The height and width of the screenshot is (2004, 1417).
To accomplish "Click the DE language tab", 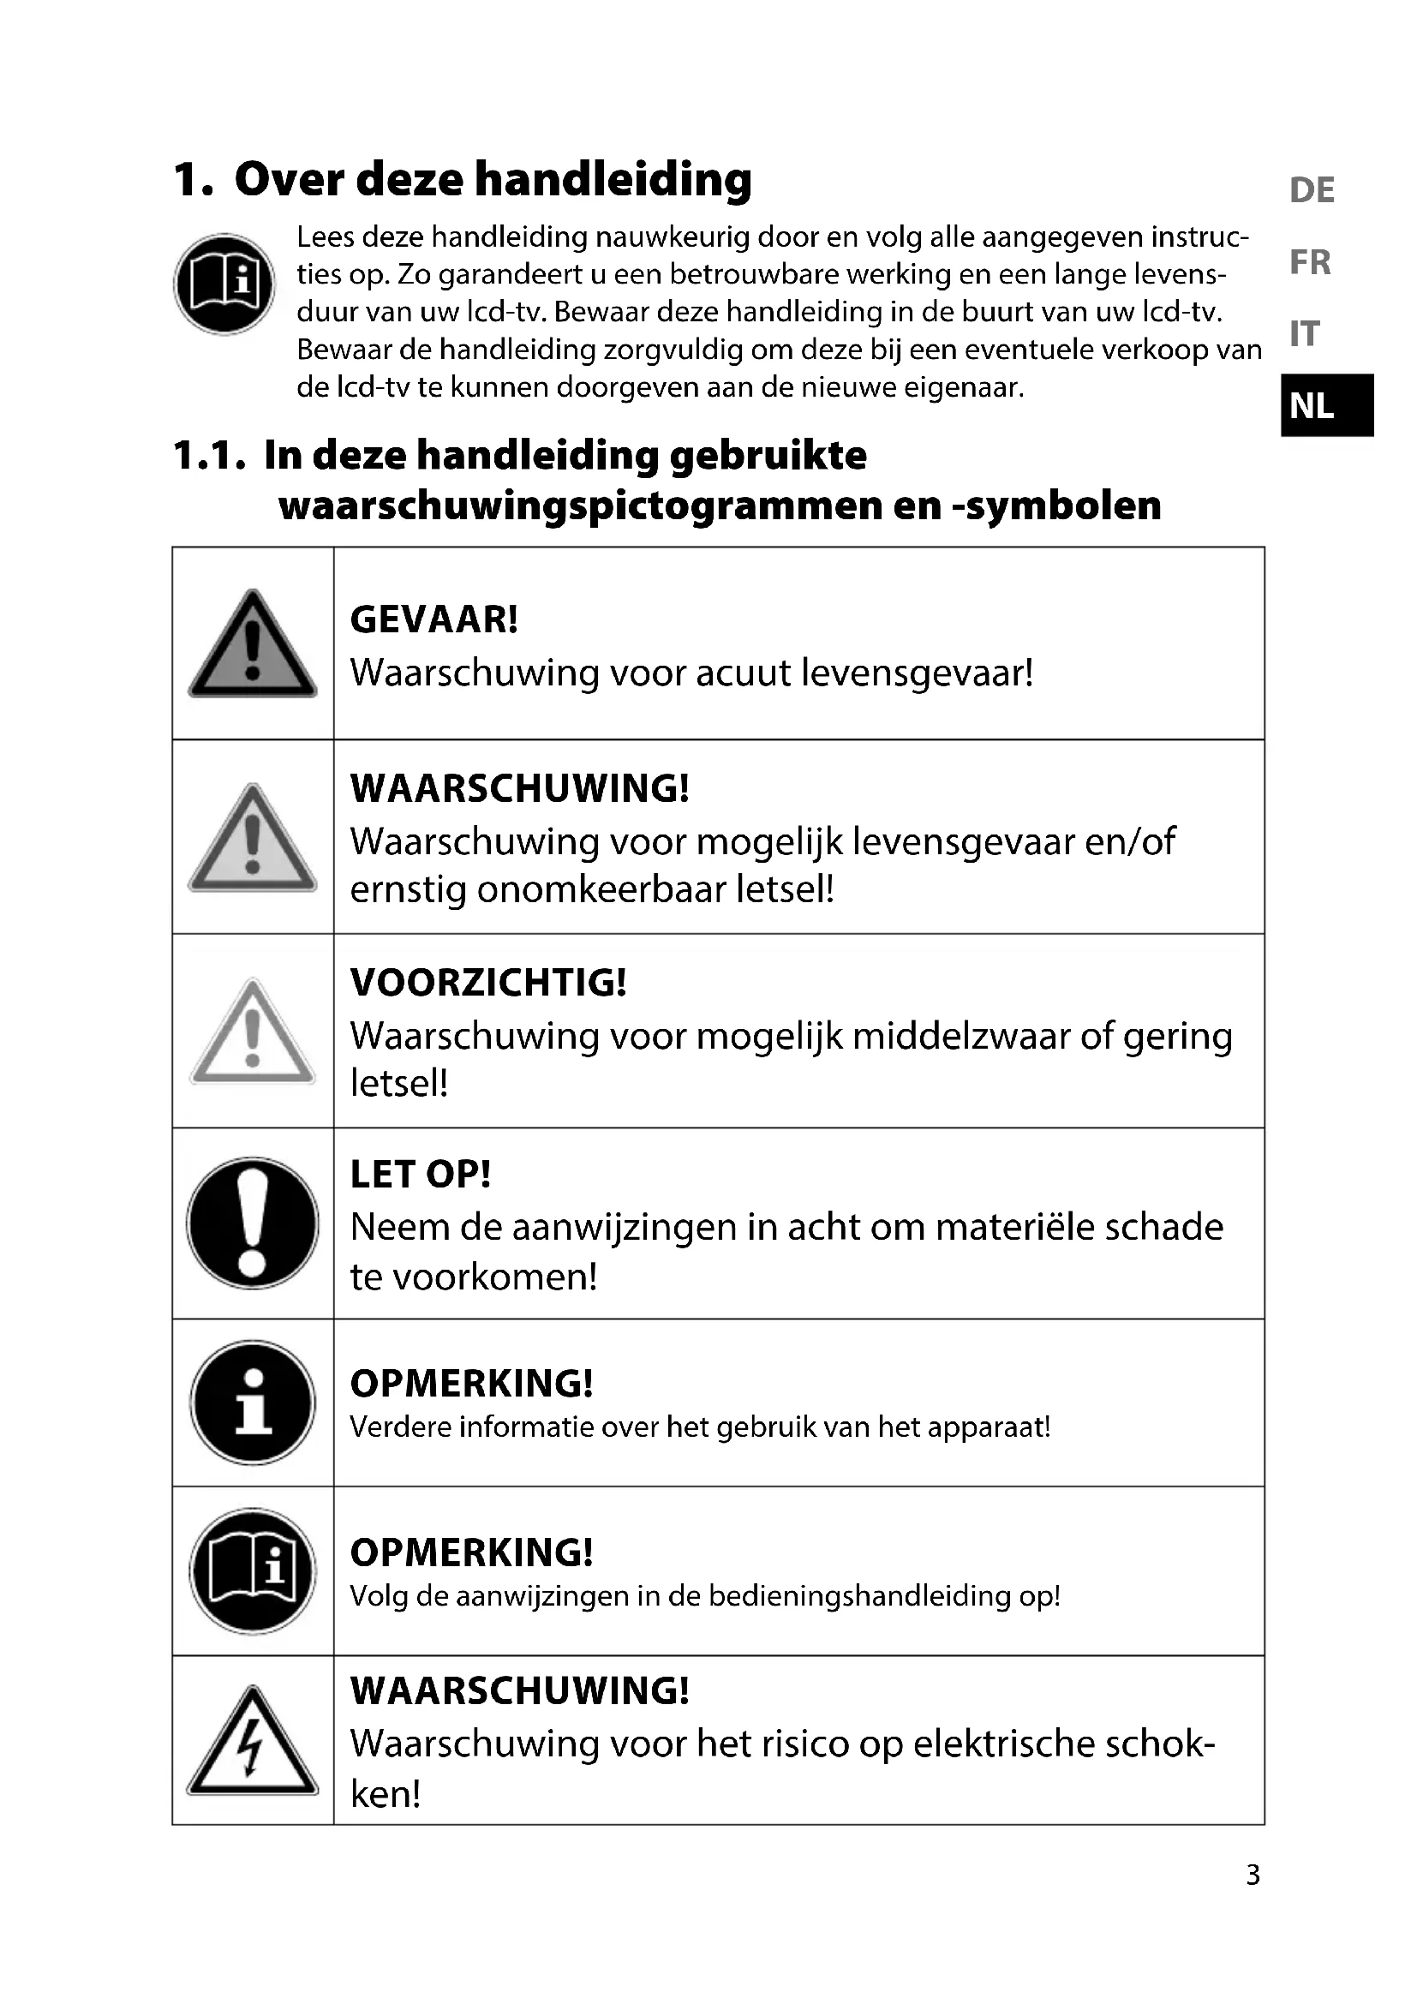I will point(1312,190).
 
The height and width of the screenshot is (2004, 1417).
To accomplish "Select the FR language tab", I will point(1310,262).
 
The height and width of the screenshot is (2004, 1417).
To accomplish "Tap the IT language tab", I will point(1305,333).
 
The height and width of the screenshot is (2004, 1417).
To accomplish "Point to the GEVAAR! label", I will point(433,619).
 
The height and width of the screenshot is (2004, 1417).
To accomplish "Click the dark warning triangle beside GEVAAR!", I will point(252,645).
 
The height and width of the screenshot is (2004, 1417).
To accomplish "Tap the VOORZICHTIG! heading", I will point(487,982).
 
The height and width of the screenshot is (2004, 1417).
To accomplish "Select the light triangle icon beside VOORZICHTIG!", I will point(252,1032).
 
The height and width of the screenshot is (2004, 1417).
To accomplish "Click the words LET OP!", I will point(420,1175).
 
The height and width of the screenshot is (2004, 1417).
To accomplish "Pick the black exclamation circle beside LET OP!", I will point(252,1223).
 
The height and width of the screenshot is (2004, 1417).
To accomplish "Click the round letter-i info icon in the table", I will point(252,1403).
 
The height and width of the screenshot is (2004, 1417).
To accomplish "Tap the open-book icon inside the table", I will point(252,1571).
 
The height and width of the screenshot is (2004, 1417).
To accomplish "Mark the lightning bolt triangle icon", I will point(252,1741).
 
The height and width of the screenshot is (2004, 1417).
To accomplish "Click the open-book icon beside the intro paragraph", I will point(224,284).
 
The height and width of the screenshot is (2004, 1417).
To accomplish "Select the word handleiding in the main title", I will point(613,180).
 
